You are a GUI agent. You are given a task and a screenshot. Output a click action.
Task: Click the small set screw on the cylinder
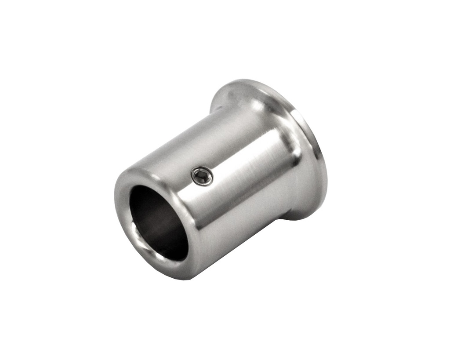pyautogui.click(x=202, y=177)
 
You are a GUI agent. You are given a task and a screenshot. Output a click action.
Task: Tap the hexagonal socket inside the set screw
pyautogui.click(x=202, y=177)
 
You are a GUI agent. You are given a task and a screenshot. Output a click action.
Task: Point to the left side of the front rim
pyautogui.click(x=121, y=211)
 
